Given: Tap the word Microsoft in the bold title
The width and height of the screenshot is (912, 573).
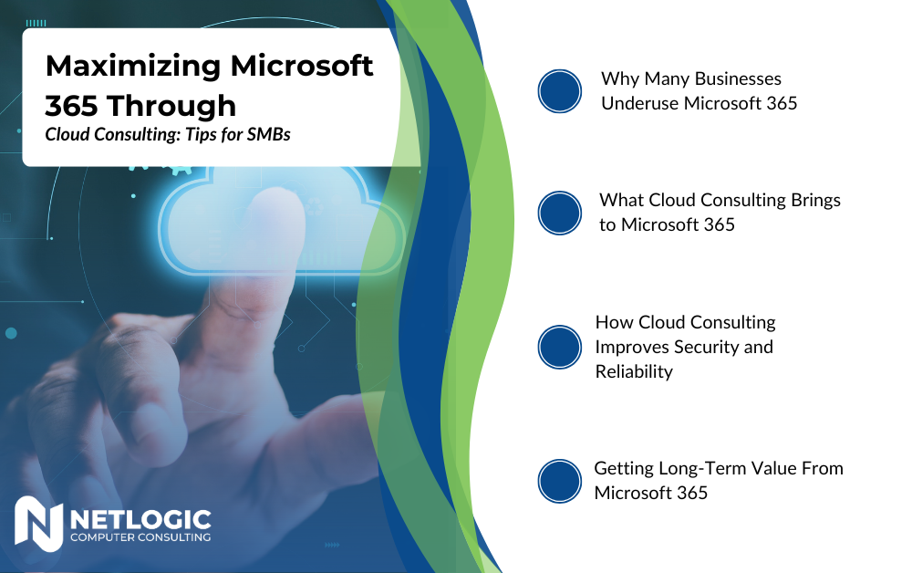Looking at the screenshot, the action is click(x=302, y=65).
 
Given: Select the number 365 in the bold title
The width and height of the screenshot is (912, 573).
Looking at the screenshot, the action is click(x=71, y=106).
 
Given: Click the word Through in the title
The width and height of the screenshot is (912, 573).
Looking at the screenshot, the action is click(x=172, y=107).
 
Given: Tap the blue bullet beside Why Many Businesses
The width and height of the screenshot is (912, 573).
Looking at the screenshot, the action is click(x=560, y=91).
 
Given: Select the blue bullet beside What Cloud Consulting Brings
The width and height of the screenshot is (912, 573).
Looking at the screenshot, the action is click(x=560, y=213).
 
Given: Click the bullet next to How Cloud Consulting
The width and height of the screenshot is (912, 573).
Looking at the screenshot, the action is click(x=560, y=347).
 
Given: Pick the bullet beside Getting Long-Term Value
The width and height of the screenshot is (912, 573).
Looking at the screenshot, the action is click(x=560, y=481).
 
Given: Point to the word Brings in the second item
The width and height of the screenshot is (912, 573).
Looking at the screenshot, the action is click(x=815, y=201).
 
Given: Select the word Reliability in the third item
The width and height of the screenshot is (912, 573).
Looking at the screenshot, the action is click(x=634, y=371).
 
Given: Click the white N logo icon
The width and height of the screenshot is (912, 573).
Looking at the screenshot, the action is click(x=38, y=524).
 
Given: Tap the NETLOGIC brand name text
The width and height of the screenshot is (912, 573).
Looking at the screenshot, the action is click(x=140, y=519).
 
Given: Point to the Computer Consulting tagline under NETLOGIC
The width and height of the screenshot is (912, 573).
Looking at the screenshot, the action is click(x=140, y=537).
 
